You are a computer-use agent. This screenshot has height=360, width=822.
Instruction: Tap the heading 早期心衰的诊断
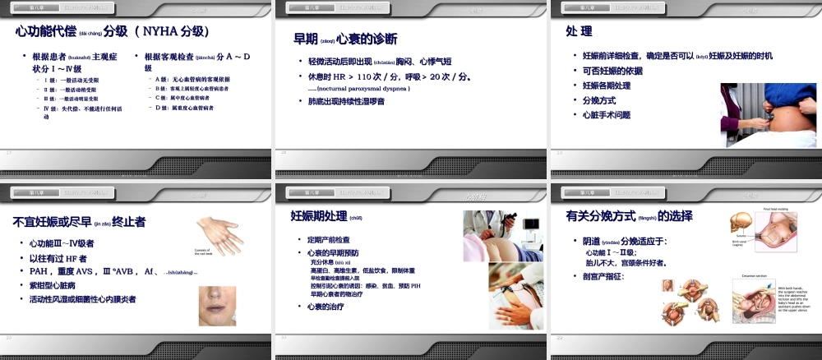point(345,39)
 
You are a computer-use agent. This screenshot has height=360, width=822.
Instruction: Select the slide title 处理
point(579,32)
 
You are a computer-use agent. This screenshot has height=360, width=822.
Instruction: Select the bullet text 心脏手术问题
point(606,114)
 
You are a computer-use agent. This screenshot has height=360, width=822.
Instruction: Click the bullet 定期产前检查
point(330,239)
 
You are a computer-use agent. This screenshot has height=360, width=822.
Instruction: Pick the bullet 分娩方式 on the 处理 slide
point(601,100)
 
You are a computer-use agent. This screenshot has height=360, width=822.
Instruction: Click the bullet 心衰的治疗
point(324,307)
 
